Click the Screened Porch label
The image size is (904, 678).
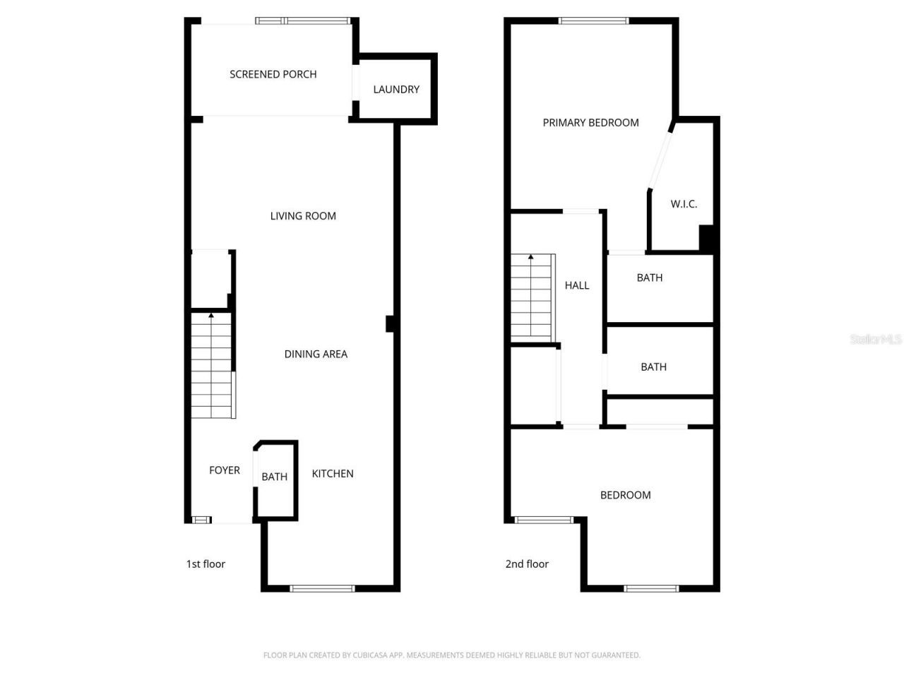pyautogui.click(x=273, y=74)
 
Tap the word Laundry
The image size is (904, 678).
pyautogui.click(x=396, y=89)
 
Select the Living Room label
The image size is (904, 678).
pyautogui.click(x=303, y=216)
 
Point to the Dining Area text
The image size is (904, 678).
pyautogui.click(x=316, y=354)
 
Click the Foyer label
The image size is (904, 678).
pyautogui.click(x=225, y=470)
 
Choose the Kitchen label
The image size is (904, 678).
pyautogui.click(x=333, y=473)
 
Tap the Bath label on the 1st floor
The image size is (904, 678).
pyautogui.click(x=274, y=477)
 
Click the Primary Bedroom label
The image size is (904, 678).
pyautogui.click(x=590, y=123)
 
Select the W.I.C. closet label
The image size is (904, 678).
pyautogui.click(x=684, y=204)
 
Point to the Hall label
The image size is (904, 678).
pyautogui.click(x=577, y=285)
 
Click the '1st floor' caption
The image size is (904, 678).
pyautogui.click(x=206, y=564)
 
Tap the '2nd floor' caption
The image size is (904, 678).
pyautogui.click(x=527, y=564)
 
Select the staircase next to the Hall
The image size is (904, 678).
pyautogui.click(x=532, y=297)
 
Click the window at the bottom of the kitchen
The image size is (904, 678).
pyautogui.click(x=322, y=588)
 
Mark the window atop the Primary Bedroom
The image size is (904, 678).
pyautogui.click(x=593, y=20)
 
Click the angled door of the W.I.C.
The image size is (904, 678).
pyautogui.click(x=661, y=158)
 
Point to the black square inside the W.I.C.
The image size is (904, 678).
pyautogui.click(x=706, y=238)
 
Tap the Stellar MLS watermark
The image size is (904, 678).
pyautogui.click(x=876, y=339)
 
